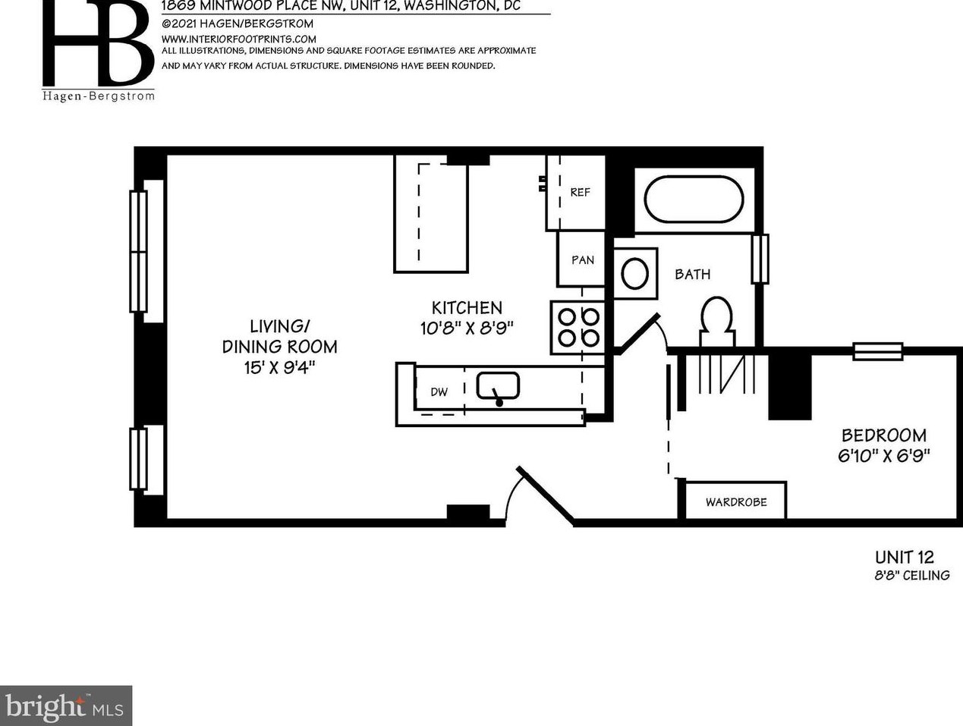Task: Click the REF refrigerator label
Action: point(580,192)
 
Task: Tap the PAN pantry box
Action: point(582,259)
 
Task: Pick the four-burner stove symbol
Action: point(578,327)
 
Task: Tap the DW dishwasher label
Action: point(439,391)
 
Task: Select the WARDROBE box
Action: point(735,501)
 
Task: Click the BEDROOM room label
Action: point(883,435)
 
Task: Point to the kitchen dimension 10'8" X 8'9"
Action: point(467,328)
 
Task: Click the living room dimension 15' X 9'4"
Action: point(279,367)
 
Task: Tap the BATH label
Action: point(692,274)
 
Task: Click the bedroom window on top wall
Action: point(877,351)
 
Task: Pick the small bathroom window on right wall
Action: point(760,259)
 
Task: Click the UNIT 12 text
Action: point(904,557)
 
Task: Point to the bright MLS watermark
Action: point(66,706)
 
